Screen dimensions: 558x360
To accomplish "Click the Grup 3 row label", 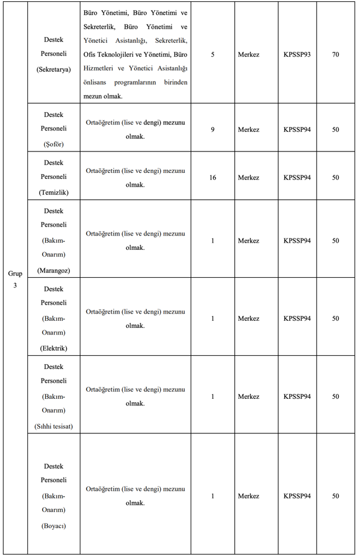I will click(15, 279).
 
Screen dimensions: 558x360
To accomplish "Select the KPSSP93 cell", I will click(297, 54).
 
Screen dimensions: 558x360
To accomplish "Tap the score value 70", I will click(336, 54).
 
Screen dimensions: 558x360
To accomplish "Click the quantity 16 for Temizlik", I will click(213, 178).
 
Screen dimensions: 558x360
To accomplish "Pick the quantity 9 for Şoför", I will click(213, 129).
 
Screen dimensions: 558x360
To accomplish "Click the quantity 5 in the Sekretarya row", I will click(213, 54).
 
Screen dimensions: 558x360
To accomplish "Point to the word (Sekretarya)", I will click(54, 69).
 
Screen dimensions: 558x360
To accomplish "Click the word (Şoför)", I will click(54, 144).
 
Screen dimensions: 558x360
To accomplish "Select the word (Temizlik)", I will click(54, 193).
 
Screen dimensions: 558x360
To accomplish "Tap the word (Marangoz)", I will click(54, 271).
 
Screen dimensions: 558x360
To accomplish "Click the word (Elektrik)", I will click(54, 348).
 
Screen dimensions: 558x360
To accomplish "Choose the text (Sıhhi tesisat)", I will click(54, 426).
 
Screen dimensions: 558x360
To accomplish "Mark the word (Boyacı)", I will click(54, 526).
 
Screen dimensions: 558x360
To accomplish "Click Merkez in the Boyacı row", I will click(249, 496).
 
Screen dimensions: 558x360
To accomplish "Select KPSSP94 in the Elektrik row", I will click(297, 318).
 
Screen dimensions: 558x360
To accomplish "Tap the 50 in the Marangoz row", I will click(336, 241).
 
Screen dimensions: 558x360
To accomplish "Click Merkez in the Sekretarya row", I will click(249, 54).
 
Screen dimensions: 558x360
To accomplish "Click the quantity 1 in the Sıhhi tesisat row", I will click(213, 396).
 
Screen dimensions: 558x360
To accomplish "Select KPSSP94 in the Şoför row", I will click(297, 129).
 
